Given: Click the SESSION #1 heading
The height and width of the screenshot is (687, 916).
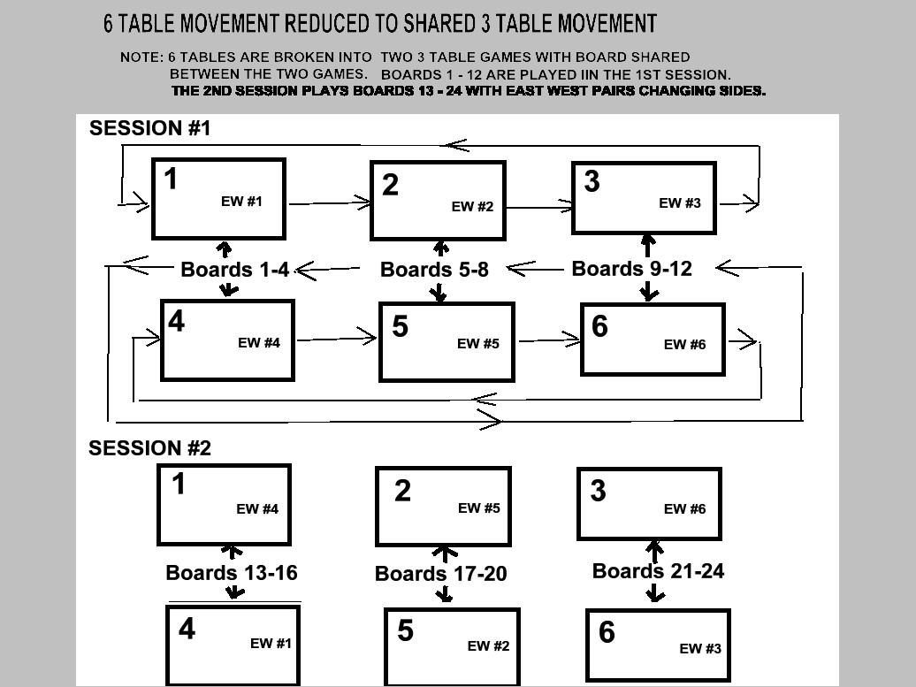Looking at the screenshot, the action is click(149, 128).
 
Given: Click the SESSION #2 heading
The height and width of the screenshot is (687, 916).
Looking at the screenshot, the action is click(149, 448).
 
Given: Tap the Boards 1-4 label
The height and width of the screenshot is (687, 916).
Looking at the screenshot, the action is click(235, 270).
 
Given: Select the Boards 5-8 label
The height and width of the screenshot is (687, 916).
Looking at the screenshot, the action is click(434, 270).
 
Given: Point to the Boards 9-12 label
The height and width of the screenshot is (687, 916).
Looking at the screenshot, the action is click(631, 268).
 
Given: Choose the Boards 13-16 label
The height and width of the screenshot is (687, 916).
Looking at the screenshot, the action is click(232, 573).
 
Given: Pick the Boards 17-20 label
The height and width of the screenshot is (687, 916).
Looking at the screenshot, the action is click(440, 574).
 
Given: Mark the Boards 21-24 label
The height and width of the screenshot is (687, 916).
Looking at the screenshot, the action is click(658, 571).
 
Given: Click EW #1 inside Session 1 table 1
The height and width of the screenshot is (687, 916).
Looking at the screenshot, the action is click(241, 201).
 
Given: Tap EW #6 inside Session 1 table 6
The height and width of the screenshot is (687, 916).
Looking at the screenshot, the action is click(684, 345).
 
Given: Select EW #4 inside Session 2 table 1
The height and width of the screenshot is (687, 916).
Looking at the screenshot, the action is click(257, 508).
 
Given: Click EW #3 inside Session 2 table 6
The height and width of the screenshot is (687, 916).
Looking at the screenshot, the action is click(700, 648).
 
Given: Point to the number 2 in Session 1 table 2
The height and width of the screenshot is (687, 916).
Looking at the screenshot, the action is click(390, 185).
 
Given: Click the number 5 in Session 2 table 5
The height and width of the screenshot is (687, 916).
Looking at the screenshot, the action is click(406, 630).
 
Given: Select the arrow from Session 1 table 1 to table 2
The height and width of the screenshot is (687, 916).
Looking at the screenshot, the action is click(330, 203).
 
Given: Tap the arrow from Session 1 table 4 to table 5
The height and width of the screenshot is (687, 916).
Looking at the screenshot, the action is click(337, 338).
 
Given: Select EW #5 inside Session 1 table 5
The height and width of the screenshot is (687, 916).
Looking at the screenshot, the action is click(477, 343).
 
